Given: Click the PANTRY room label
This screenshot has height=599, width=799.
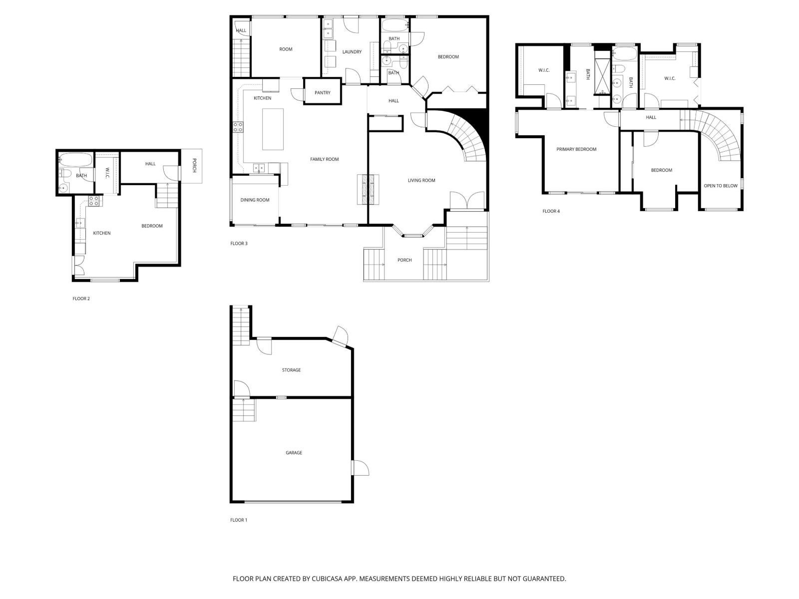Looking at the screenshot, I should [323, 93].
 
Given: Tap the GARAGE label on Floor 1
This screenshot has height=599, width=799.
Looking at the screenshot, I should [294, 453].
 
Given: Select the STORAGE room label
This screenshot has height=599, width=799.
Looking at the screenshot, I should [291, 370].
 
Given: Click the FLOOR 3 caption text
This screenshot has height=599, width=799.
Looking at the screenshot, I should [239, 244].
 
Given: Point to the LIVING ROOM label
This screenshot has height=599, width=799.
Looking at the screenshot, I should [421, 181].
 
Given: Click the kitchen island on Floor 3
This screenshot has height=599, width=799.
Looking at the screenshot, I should [273, 129].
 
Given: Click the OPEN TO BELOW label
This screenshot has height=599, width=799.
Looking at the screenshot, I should [720, 186].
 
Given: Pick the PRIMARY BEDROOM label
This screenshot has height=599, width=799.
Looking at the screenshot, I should [576, 149].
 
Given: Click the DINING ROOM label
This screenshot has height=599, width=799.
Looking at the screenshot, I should [255, 200].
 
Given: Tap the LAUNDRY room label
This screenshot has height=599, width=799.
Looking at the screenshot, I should [352, 52].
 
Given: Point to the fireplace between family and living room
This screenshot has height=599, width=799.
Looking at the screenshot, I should [368, 189].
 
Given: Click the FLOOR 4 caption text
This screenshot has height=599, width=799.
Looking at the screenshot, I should [551, 211].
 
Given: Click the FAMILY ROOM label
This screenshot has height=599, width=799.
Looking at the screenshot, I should [324, 159].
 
